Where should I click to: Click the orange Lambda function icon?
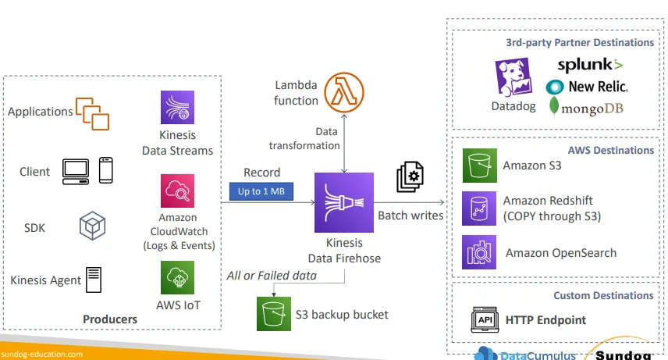tap(343, 91)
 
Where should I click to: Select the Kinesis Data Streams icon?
tap(177, 108)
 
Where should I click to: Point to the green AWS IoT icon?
tap(177, 277)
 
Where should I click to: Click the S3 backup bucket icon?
tap(273, 314)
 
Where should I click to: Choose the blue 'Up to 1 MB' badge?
tap(261, 190)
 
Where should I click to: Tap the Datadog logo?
tap(513, 78)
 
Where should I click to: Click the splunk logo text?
tap(589, 65)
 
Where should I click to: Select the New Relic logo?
tap(587, 86)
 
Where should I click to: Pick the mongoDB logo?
tap(587, 107)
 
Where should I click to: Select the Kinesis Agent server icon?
tap(94, 279)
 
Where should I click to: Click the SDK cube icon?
tap(92, 227)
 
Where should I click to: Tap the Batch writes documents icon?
tap(410, 177)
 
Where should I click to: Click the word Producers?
tap(110, 319)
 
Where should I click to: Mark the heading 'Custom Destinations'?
tap(603, 295)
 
